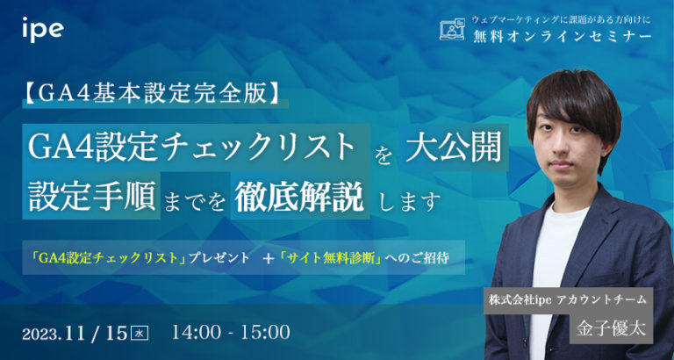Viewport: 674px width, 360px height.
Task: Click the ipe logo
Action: pos(43,28)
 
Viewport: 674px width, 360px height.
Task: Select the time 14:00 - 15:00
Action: pos(232,332)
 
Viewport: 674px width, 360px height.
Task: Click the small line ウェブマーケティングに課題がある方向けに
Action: pos(549,18)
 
